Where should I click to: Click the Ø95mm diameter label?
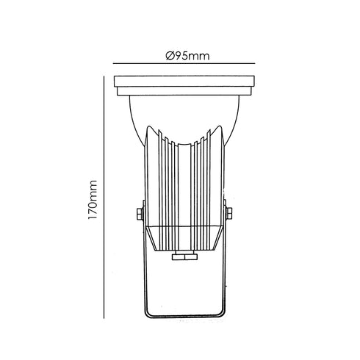[187, 56]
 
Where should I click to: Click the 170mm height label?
[93, 200]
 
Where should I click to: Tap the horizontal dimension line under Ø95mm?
[184, 63]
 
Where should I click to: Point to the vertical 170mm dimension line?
[104, 197]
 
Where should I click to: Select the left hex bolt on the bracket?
[140, 213]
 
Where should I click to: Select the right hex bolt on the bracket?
[229, 213]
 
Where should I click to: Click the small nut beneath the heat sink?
[184, 256]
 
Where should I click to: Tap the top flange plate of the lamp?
[184, 82]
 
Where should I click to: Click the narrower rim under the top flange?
[184, 91]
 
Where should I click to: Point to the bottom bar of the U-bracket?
[184, 317]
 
